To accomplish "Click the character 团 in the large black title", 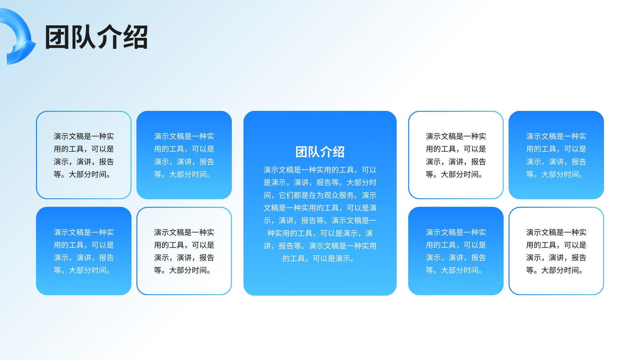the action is point(57,37).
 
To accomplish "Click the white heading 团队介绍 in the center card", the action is point(320,152).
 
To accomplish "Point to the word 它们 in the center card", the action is point(286,195).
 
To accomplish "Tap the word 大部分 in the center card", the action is point(358,182).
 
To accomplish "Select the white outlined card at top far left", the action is point(84,155).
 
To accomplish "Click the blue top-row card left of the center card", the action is point(184,155).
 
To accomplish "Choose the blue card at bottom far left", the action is point(84,251).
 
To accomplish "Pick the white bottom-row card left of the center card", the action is point(184,251).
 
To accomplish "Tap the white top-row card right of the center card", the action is point(456,155).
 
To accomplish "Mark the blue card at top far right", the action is point(556,155).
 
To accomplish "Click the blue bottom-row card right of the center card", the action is point(456,251).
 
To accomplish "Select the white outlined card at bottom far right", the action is point(556,251).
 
